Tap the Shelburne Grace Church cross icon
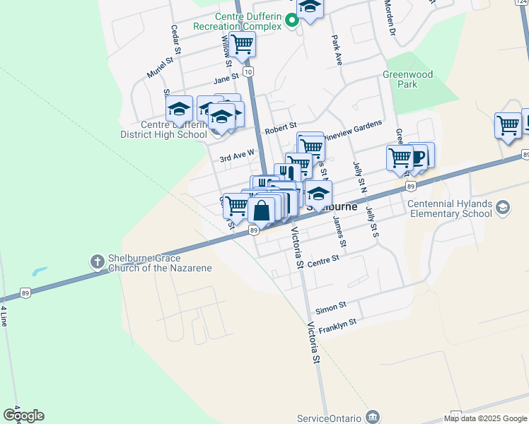point(98,262)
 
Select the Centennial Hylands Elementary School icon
point(503,208)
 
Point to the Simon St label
point(330,307)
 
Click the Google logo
point(23,416)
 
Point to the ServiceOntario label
point(327,418)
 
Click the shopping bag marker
point(261,210)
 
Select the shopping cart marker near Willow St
point(242,44)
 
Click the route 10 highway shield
point(248,72)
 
